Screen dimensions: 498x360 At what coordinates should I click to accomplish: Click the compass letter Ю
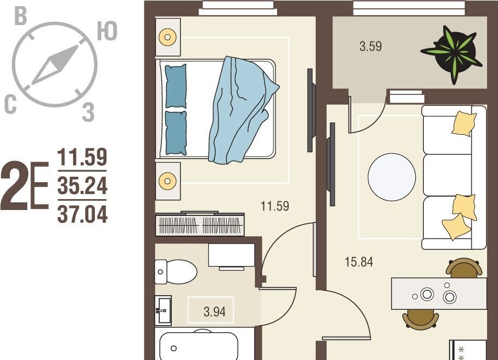tap(107, 32)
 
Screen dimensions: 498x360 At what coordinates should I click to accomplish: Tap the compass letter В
tap(21, 16)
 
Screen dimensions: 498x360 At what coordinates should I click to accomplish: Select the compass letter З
tap(88, 112)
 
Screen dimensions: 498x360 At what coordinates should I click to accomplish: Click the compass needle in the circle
tap(55, 65)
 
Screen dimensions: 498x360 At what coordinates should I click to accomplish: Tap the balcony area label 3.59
tap(370, 46)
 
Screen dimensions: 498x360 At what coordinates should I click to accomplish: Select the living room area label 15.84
tap(358, 262)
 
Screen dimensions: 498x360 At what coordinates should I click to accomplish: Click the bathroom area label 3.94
tap(214, 311)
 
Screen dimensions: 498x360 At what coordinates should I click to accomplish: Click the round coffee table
tap(392, 177)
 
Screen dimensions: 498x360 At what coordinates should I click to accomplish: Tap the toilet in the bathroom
tap(176, 272)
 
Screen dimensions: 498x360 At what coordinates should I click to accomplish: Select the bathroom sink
tap(163, 310)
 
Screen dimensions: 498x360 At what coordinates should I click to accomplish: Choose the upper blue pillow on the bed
tap(176, 86)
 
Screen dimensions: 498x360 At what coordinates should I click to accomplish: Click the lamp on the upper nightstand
tap(167, 37)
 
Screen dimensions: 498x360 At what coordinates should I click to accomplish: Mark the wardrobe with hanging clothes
tap(200, 224)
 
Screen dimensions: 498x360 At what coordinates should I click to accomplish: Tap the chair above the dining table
tap(464, 267)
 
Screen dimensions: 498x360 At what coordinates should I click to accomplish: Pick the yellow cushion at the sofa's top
tap(464, 124)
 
